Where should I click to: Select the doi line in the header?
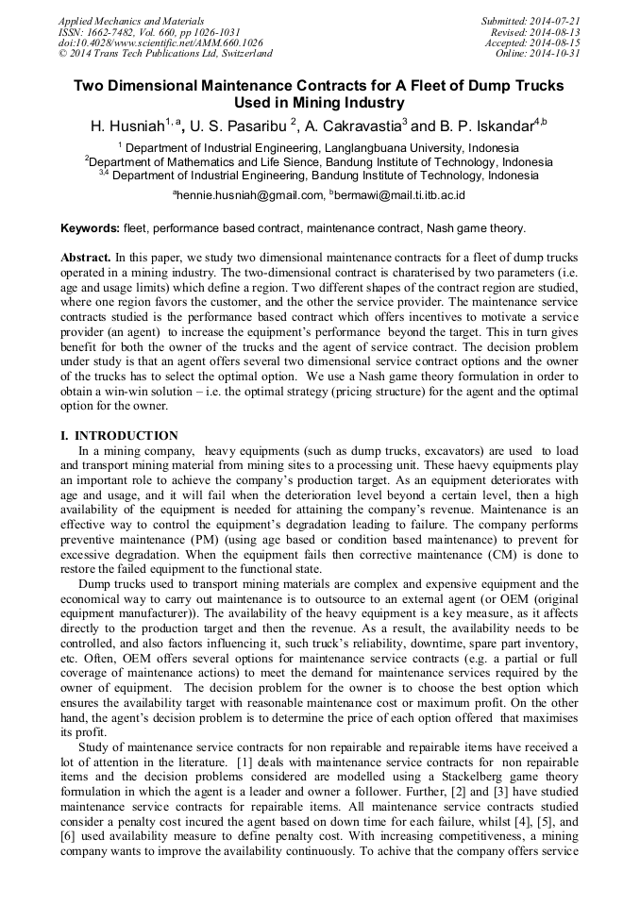pyautogui.click(x=160, y=42)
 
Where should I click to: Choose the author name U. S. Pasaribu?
pyautogui.click(x=239, y=126)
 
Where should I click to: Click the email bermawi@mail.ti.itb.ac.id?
pyautogui.click(x=399, y=195)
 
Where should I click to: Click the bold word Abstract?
pyautogui.click(x=86, y=258)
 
